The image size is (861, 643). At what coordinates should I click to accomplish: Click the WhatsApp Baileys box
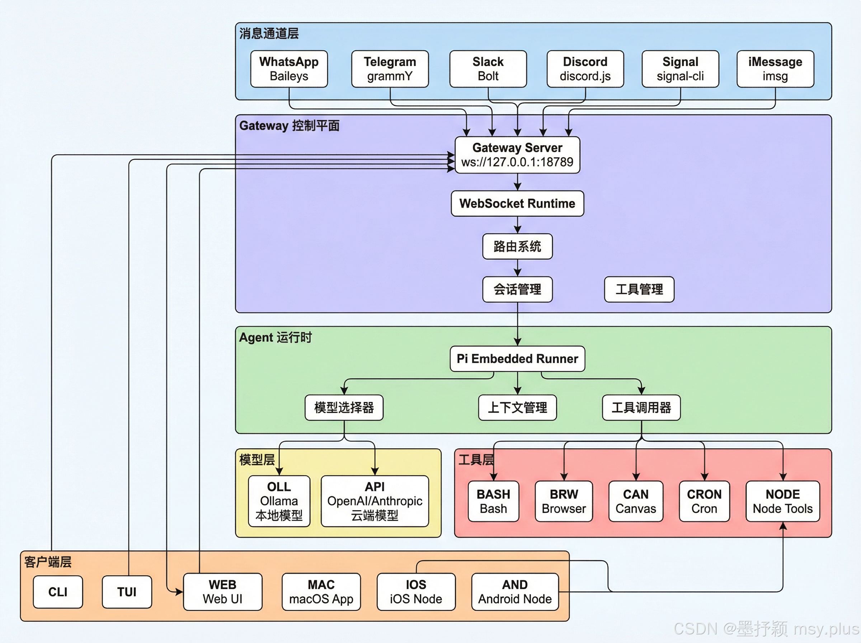(x=289, y=69)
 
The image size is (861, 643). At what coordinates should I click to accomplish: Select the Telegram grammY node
(x=390, y=69)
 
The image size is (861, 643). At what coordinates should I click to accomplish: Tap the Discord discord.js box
(x=585, y=69)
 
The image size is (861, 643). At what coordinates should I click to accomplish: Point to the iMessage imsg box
(x=775, y=69)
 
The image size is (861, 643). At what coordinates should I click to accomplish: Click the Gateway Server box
(x=517, y=155)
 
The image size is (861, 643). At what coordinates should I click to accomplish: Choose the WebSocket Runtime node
(x=517, y=203)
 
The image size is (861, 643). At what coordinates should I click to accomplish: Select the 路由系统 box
(x=517, y=247)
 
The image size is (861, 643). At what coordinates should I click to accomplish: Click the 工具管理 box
(x=639, y=289)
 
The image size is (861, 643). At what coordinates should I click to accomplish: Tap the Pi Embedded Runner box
(x=517, y=358)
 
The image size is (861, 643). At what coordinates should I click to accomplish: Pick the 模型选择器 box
(x=344, y=408)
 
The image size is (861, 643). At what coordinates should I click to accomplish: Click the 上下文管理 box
(x=517, y=408)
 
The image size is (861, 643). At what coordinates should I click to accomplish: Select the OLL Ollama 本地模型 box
(x=279, y=501)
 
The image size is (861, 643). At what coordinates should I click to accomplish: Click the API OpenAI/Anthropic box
(x=375, y=501)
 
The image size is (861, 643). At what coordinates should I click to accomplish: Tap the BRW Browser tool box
(x=564, y=501)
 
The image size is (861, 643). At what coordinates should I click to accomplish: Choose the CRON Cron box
(x=704, y=501)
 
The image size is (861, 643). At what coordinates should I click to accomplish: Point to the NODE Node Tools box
(x=782, y=501)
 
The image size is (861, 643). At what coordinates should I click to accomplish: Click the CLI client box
(x=58, y=592)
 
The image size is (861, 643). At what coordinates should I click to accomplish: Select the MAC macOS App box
(x=321, y=592)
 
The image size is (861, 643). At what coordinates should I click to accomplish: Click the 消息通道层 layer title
(x=269, y=33)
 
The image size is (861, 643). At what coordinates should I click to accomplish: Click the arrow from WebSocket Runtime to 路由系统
(x=517, y=225)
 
